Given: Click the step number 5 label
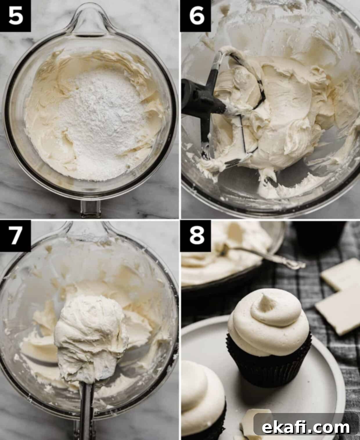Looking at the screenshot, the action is click(15, 16).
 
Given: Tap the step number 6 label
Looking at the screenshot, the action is click(196, 16).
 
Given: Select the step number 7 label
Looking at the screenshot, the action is click(15, 236).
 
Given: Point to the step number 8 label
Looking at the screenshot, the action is click(196, 236).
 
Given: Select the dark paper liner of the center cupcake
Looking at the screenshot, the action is click(269, 363).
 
